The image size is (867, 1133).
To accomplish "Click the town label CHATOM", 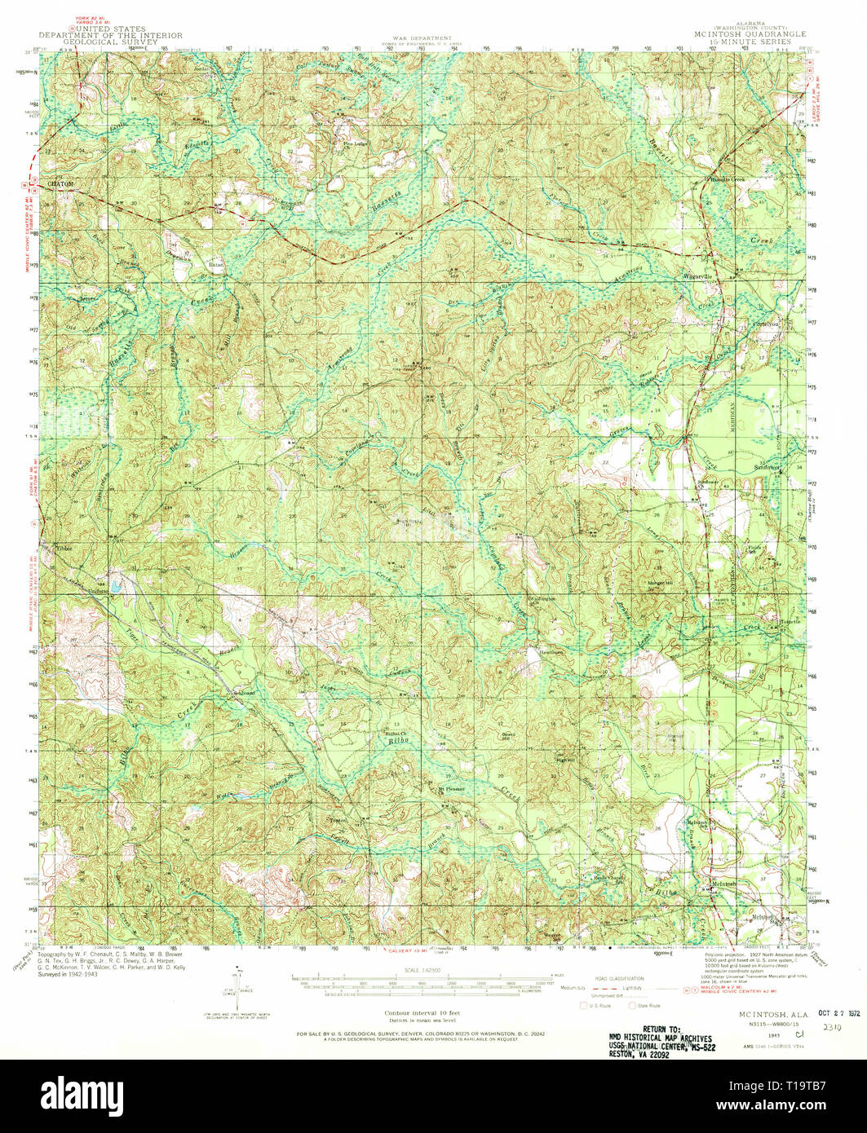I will [x=61, y=185].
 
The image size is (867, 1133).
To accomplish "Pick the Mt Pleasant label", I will [x=451, y=789].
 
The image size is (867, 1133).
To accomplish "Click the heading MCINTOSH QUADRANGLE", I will [x=749, y=34].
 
